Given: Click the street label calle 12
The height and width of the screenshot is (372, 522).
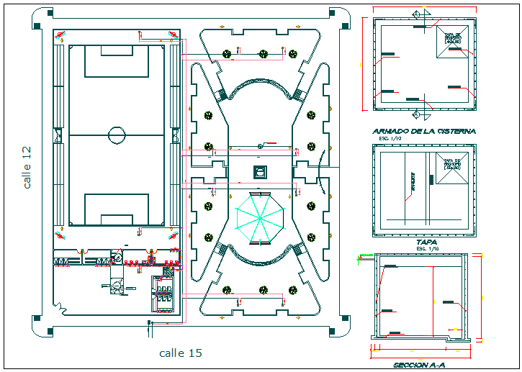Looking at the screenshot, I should pyautogui.click(x=27, y=167).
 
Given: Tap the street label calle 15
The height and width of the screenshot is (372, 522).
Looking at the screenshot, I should pyautogui.click(x=180, y=353).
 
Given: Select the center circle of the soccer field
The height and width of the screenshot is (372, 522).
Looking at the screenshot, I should pyautogui.click(x=117, y=134).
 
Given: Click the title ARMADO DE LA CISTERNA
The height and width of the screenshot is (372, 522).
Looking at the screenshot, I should pyautogui.click(x=423, y=131).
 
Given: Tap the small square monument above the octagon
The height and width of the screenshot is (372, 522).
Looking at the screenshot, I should pyautogui.click(x=259, y=171).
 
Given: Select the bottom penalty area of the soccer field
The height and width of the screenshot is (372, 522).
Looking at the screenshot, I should pyautogui.click(x=117, y=209).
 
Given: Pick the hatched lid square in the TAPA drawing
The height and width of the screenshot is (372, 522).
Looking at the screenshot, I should pyautogui.click(x=451, y=171).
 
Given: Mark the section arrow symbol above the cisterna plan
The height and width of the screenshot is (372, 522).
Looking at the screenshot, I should pyautogui.click(x=416, y=14).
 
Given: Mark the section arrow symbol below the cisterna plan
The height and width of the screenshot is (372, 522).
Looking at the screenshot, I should pyautogui.click(x=416, y=114).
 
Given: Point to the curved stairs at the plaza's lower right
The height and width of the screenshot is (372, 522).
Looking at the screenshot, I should pyautogui.click(x=297, y=249).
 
